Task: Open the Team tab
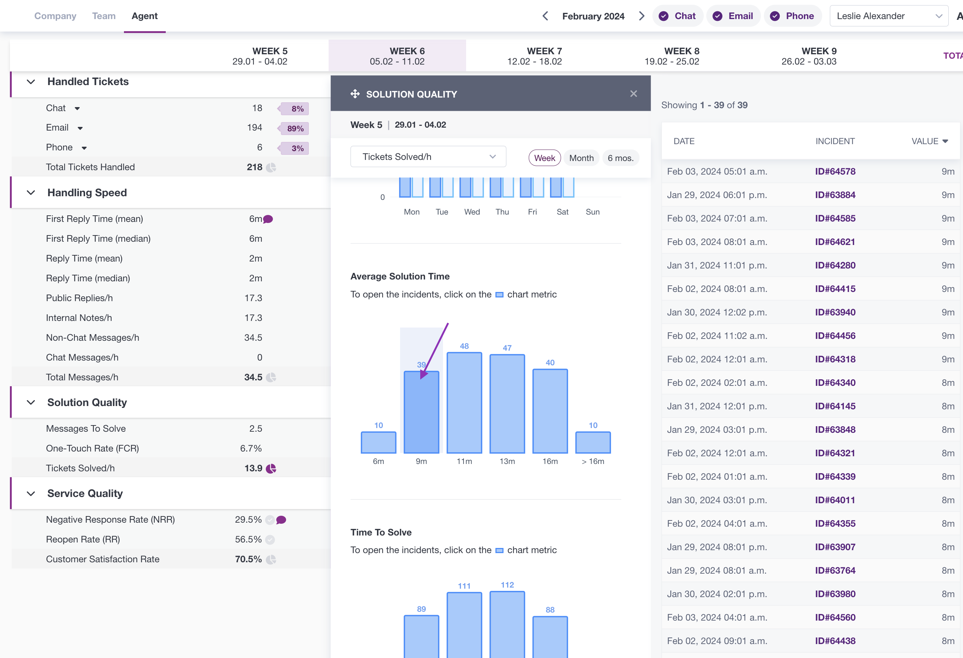[103, 16]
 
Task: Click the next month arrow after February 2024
[641, 16]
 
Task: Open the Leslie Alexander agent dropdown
[889, 16]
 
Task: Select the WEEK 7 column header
[535, 56]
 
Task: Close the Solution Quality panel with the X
[634, 94]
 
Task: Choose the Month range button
[581, 158]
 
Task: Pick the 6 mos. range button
[620, 158]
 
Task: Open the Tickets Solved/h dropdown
[428, 157]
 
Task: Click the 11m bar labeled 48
[464, 402]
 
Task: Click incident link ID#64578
[835, 171]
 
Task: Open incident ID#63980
[835, 594]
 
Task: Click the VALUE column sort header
[929, 141]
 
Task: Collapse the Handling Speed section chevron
[31, 193]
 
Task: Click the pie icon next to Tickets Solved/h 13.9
[271, 468]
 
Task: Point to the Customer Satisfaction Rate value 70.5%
[248, 559]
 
